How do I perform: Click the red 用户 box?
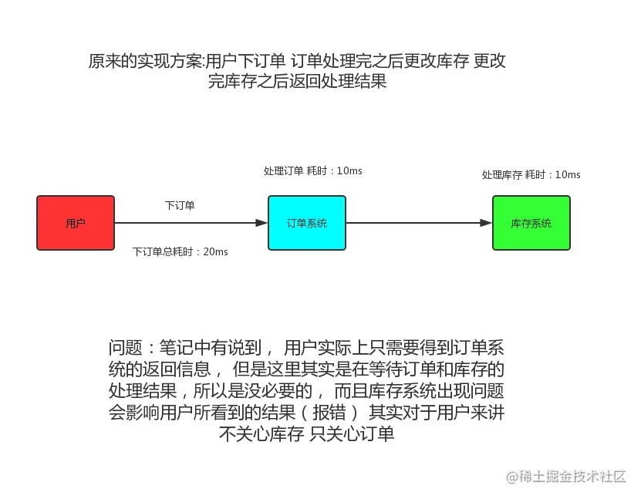[76, 223]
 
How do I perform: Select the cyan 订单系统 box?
[307, 223]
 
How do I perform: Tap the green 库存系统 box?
[531, 223]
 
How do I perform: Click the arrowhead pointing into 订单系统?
[261, 223]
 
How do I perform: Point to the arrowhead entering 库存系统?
[486, 223]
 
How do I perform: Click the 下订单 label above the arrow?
[180, 205]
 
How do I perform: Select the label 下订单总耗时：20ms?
[180, 251]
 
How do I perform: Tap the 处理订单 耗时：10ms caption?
[312, 170]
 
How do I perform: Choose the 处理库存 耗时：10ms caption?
[531, 174]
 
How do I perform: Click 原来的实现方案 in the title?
[147, 62]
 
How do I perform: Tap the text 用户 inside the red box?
[76, 223]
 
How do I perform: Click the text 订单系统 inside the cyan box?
[307, 223]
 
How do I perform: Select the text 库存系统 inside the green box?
[531, 223]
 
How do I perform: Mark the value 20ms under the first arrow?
[215, 251]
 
